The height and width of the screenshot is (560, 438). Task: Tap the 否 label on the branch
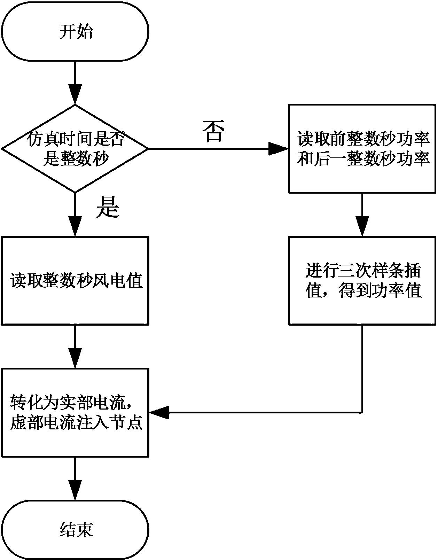pos(213,131)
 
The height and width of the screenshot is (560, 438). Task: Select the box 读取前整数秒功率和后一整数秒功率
pos(362,149)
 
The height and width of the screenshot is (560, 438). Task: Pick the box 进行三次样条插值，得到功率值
pos(362,281)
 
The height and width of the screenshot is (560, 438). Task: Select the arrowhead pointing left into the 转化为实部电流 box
pos(158,413)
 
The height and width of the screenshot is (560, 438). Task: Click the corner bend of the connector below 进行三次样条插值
pos(362,413)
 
